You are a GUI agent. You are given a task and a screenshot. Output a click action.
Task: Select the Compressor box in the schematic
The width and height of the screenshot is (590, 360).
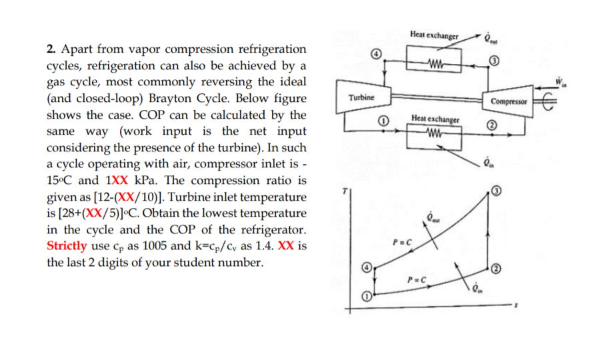pyautogui.click(x=508, y=101)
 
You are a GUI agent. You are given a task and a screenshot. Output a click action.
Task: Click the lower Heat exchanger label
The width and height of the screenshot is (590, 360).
pyautogui.click(x=435, y=119)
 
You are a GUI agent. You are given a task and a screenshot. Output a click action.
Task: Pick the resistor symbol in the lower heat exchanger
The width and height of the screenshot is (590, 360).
pyautogui.click(x=435, y=140)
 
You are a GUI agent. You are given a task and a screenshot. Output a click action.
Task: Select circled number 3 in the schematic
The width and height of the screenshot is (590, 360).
pyautogui.click(x=493, y=62)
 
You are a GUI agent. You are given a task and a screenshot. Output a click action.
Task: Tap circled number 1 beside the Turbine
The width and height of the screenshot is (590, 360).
pyautogui.click(x=383, y=121)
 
